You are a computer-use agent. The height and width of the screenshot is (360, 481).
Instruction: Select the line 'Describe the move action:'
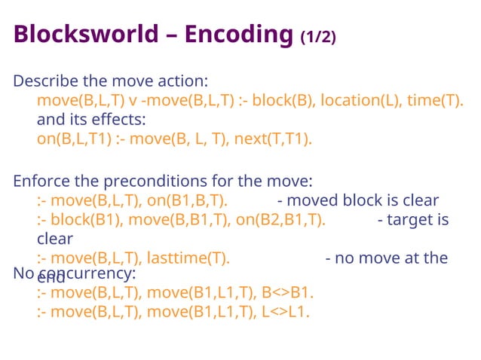coord(111,81)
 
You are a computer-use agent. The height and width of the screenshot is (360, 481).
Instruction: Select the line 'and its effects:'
coord(91,120)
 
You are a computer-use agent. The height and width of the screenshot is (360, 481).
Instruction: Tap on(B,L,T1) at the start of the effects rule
coord(73,139)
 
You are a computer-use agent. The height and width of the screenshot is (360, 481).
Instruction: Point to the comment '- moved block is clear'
coord(358,200)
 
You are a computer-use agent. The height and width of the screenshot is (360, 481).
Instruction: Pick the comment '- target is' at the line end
coord(412,220)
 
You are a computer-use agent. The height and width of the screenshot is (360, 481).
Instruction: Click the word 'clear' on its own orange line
coord(55,239)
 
